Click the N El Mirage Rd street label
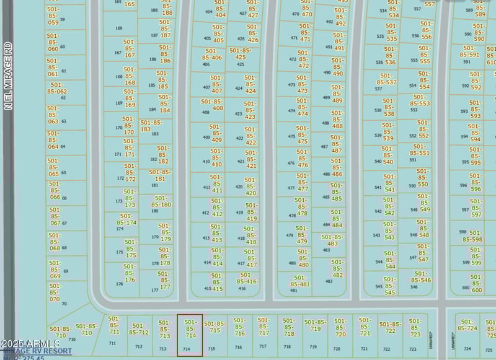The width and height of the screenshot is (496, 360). point(8,76)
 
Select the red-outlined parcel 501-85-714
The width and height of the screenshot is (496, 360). point(190,335)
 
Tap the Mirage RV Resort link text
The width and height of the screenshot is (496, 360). point(37,351)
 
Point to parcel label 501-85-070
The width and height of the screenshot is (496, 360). point(55,292)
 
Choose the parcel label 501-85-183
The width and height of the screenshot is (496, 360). point(151,126)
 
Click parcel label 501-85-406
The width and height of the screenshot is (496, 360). point(211,58)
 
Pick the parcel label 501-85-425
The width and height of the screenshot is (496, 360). point(241,54)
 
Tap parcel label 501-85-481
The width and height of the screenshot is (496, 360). point(300,281)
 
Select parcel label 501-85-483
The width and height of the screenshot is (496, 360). point(332,240)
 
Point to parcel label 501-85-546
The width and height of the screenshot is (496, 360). point(420,277)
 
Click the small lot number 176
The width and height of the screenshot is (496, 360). point(119,284)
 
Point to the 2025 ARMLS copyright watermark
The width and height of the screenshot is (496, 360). point(31,343)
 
